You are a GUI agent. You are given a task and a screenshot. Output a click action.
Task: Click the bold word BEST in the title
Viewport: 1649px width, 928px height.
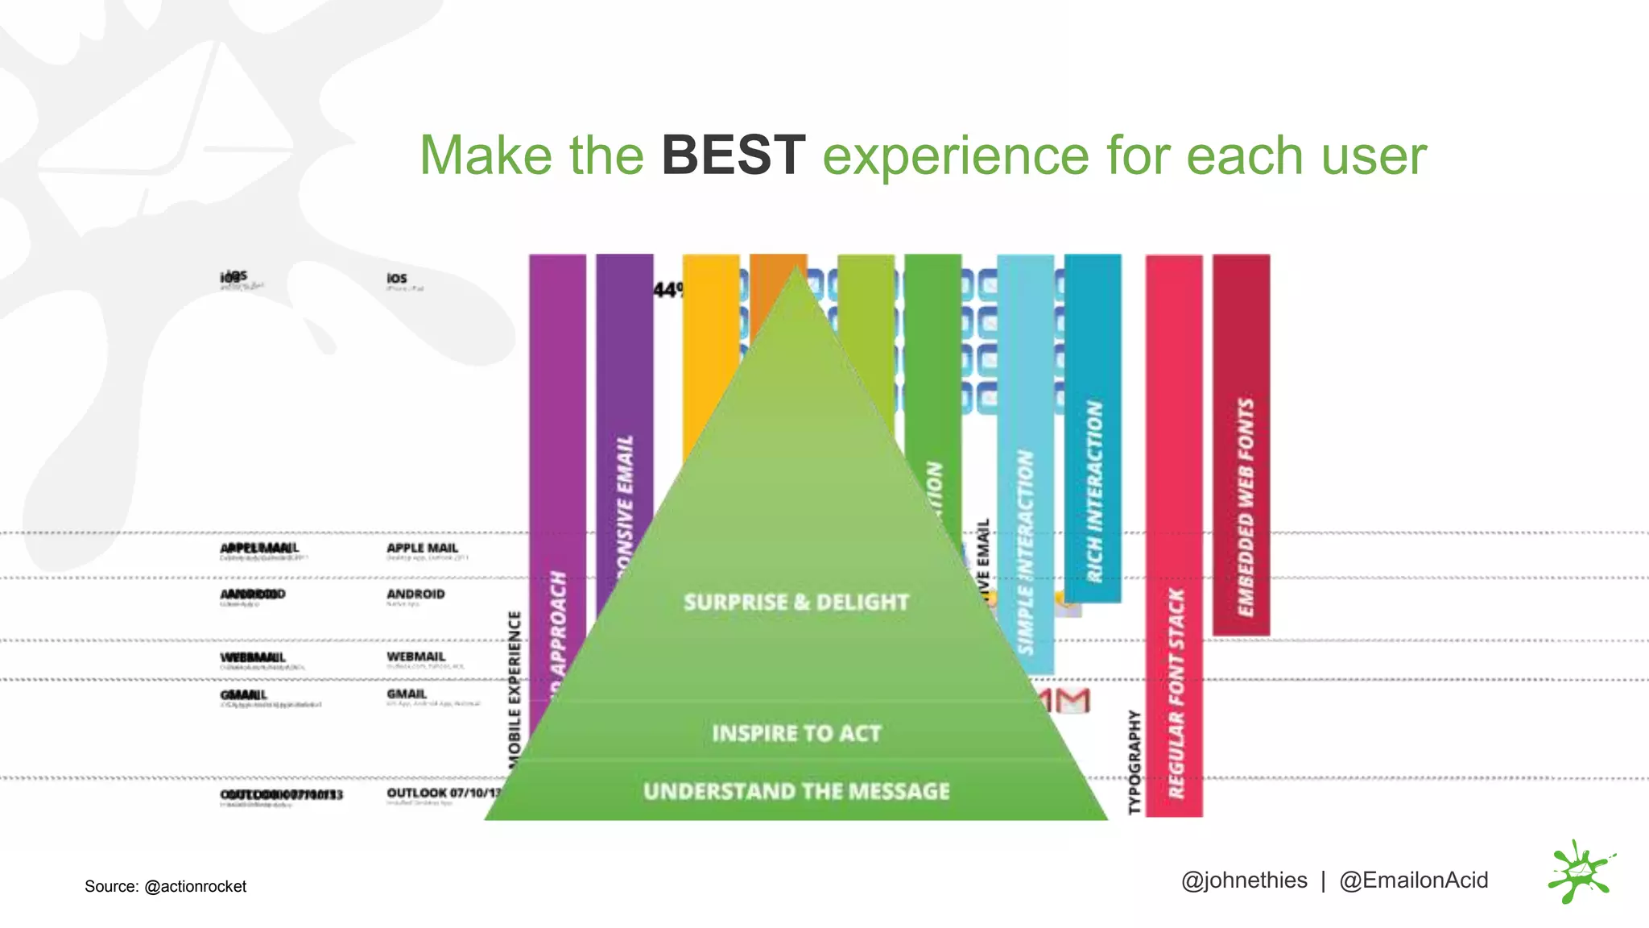(733, 155)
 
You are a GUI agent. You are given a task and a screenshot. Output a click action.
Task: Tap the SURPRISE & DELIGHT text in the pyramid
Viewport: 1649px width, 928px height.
(796, 603)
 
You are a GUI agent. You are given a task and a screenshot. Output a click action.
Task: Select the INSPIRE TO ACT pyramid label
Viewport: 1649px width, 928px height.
(796, 733)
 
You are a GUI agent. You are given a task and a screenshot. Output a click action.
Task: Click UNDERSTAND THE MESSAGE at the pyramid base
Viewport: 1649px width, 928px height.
(796, 791)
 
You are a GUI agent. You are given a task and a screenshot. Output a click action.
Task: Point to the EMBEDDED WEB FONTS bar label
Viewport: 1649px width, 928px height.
(1245, 507)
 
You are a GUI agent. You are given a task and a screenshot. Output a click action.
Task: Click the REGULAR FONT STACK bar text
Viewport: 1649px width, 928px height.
(1176, 693)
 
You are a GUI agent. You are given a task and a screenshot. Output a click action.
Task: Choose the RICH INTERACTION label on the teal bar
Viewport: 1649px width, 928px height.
(1093, 491)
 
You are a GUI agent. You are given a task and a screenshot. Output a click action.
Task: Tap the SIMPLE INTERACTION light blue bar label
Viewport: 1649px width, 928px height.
(1025, 552)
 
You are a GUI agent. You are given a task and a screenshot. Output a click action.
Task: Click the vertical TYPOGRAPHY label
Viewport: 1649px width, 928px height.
(1134, 761)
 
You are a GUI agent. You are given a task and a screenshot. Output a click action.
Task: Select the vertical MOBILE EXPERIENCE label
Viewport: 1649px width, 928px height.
(515, 685)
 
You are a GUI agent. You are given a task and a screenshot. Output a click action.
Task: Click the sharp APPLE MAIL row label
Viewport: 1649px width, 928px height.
(422, 548)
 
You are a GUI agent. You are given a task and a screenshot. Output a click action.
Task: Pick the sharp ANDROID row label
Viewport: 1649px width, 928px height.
(415, 594)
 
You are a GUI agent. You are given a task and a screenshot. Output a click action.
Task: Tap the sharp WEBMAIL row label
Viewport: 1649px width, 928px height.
(415, 657)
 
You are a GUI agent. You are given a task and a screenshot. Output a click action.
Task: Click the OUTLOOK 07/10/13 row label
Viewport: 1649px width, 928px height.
(443, 793)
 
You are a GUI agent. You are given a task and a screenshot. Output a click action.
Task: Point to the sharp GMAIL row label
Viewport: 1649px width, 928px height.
(407, 694)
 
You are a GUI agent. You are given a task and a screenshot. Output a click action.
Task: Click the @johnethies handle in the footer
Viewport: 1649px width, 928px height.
(1243, 880)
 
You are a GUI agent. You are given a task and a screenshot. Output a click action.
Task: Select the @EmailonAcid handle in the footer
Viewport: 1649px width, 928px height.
(1413, 880)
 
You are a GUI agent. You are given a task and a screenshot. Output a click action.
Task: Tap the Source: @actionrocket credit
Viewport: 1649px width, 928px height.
(165, 886)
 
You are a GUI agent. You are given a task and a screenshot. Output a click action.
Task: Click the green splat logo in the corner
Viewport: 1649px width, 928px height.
(1580, 872)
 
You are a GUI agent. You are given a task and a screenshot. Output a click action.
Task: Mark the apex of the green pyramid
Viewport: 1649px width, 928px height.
(796, 269)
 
